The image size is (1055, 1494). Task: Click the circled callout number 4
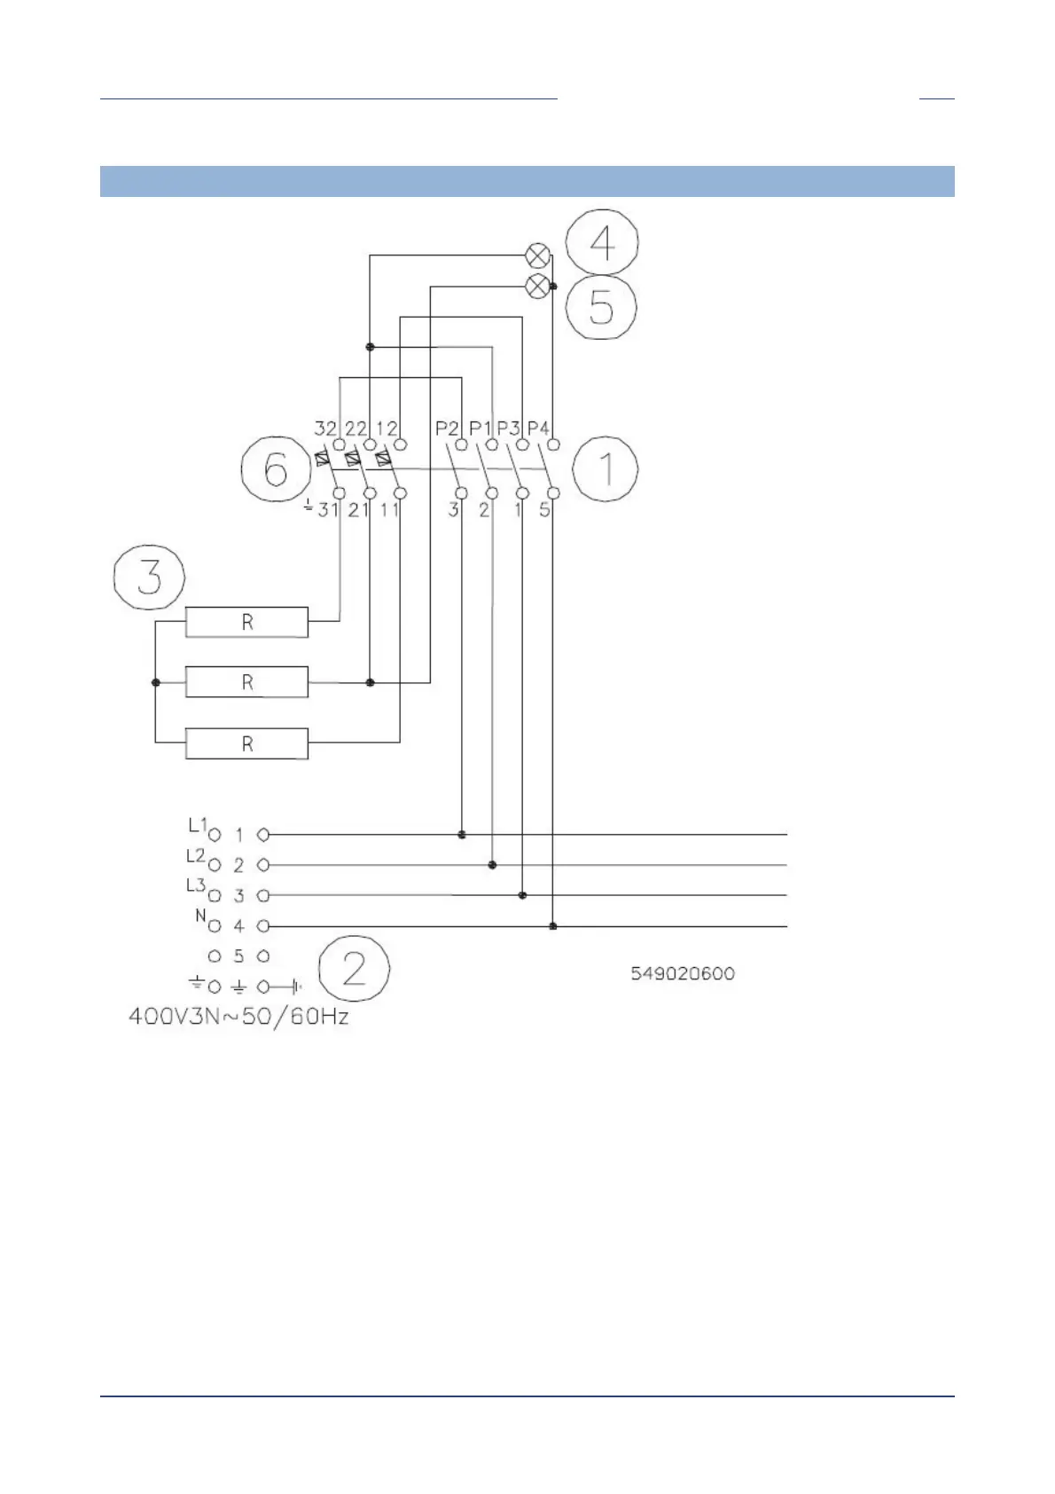[602, 242]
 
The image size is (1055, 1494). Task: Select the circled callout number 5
[601, 307]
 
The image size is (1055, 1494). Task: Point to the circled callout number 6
[275, 469]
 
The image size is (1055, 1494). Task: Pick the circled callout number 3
[149, 577]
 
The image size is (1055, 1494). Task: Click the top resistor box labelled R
[246, 622]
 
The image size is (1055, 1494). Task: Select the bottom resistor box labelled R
[246, 743]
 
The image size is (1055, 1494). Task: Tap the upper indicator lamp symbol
[537, 256]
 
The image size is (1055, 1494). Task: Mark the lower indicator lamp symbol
[537, 287]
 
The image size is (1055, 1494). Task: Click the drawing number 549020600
[683, 973]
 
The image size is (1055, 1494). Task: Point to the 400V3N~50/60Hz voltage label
[238, 1016]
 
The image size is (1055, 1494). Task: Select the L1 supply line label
[197, 825]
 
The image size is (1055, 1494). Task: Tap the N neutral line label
[201, 916]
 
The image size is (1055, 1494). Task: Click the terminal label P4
[539, 428]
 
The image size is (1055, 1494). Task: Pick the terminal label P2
[446, 428]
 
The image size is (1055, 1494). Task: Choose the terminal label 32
[325, 428]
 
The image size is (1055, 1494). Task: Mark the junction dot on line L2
[492, 865]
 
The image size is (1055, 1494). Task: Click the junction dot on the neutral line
[553, 926]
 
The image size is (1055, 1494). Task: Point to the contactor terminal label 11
[389, 510]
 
